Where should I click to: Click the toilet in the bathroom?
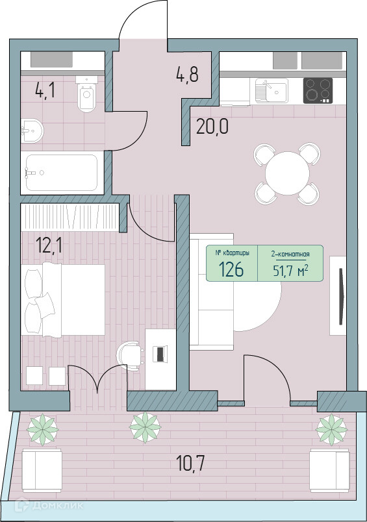(x=86, y=94)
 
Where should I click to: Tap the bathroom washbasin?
(x=32, y=131)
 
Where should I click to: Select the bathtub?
(x=62, y=173)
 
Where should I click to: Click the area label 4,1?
(x=45, y=90)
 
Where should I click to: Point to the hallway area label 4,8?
(x=187, y=74)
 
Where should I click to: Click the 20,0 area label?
(x=212, y=126)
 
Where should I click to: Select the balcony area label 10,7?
(x=190, y=464)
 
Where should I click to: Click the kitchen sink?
(x=271, y=90)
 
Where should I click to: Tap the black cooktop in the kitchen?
(x=318, y=90)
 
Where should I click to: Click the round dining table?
(x=287, y=173)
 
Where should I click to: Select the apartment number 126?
(x=232, y=269)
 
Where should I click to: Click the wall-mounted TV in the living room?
(x=340, y=296)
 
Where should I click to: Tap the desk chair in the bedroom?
(x=129, y=356)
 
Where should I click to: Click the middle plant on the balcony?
(x=146, y=427)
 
